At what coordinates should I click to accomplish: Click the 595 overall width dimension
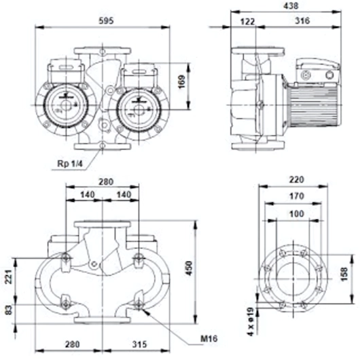click(106, 20)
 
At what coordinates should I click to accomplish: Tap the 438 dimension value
click(291, 5)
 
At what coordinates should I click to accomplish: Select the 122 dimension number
click(247, 22)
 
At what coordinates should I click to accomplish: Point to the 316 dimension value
click(302, 21)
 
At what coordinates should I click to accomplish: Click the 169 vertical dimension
click(181, 82)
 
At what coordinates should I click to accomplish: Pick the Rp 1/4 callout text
click(70, 164)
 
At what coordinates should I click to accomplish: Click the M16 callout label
click(209, 339)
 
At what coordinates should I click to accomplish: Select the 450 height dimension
click(189, 268)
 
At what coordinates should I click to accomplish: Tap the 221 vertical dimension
click(9, 276)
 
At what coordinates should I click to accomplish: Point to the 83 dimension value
click(9, 310)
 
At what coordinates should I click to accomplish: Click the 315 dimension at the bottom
click(139, 344)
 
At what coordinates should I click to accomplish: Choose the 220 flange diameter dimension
click(297, 179)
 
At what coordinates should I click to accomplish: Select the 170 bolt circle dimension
click(297, 196)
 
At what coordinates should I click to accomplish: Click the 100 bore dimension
click(297, 214)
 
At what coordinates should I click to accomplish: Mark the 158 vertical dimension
click(344, 274)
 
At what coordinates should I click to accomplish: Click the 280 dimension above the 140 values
click(106, 182)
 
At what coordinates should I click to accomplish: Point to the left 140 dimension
click(88, 195)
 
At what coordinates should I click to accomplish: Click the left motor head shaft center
click(66, 105)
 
